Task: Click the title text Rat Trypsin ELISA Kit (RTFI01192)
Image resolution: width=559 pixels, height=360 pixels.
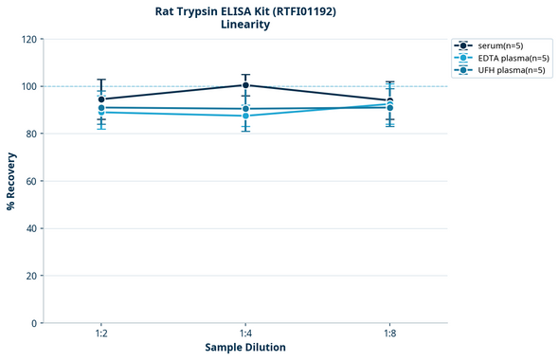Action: click(x=245, y=10)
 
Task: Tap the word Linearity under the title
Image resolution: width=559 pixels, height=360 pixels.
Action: click(x=245, y=25)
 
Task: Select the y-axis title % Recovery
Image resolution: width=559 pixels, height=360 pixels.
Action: click(x=11, y=181)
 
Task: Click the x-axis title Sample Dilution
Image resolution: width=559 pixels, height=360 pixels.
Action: click(x=245, y=348)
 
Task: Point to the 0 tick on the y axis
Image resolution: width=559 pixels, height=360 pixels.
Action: click(x=33, y=323)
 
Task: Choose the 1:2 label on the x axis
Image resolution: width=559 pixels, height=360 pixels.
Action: click(x=100, y=334)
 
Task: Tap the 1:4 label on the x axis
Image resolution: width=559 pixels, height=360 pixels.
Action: click(x=245, y=334)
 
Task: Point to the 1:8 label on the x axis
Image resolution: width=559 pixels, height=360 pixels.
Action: click(x=390, y=334)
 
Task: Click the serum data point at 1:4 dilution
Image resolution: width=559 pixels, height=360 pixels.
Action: click(x=245, y=85)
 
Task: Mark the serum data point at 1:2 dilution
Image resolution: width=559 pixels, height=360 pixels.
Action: click(x=101, y=99)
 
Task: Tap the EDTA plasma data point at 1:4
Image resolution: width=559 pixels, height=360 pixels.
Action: click(x=245, y=116)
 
